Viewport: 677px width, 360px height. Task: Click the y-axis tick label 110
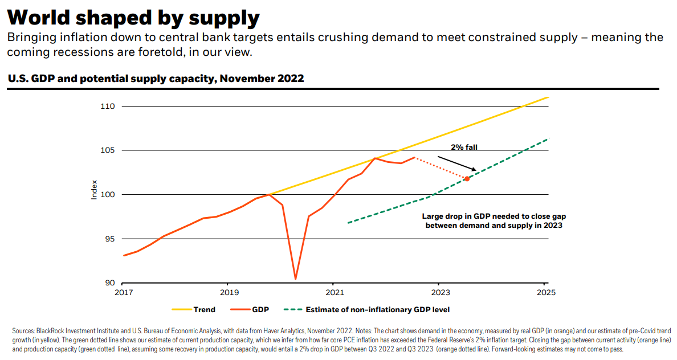point(108,107)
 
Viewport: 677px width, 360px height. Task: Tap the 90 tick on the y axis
point(110,283)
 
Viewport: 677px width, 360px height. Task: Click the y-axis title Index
point(95,190)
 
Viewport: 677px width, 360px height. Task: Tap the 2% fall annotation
point(464,147)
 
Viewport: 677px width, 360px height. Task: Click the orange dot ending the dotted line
point(467,179)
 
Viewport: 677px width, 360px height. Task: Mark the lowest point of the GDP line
point(295,279)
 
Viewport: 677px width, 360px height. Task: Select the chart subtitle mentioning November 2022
point(156,79)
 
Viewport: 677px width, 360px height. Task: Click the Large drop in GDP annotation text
point(494,221)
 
